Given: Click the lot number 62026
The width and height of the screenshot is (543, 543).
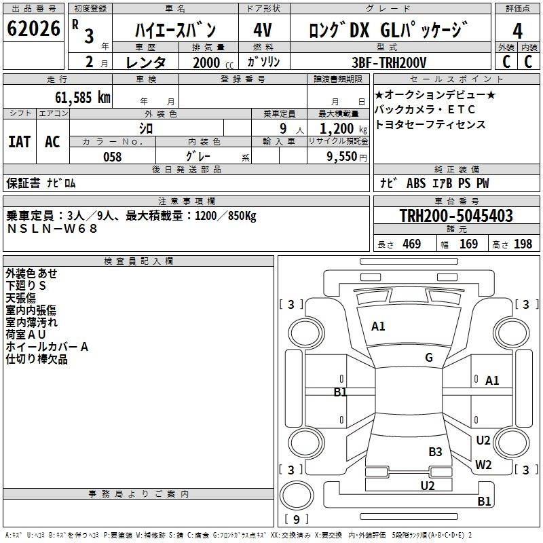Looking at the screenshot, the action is (x=33, y=29).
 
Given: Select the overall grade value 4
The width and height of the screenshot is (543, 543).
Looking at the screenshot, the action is (x=517, y=31).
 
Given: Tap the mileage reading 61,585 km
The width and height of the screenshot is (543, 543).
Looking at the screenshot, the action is (x=83, y=98).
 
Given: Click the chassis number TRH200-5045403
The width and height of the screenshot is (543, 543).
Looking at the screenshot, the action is (x=456, y=215).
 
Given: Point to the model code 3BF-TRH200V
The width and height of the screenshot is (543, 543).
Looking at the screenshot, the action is (x=389, y=62).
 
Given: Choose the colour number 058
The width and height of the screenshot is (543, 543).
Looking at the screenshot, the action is (x=113, y=157).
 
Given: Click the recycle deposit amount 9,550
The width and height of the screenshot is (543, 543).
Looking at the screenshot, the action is (x=342, y=157).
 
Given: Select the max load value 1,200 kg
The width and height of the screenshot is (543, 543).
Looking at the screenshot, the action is (x=343, y=129).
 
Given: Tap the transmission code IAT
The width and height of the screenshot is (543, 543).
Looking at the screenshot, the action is (x=20, y=142).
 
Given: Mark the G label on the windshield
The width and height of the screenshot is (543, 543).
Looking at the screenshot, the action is (x=429, y=357).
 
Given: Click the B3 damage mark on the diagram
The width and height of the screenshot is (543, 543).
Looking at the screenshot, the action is (x=435, y=451).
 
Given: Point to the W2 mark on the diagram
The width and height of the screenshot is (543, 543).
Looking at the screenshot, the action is (x=483, y=464).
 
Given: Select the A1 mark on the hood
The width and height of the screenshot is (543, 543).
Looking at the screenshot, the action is (x=378, y=326).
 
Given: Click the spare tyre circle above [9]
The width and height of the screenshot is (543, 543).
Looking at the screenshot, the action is (x=297, y=495).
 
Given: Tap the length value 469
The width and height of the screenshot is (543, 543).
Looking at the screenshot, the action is (x=411, y=244).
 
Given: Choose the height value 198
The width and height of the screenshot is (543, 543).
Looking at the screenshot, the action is (x=523, y=244).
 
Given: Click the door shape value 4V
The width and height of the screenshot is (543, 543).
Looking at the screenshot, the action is (x=263, y=30).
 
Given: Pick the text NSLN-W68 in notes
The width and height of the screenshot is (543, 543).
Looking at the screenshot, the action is (x=52, y=229).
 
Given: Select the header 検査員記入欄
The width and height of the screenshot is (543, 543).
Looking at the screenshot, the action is (x=138, y=261).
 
